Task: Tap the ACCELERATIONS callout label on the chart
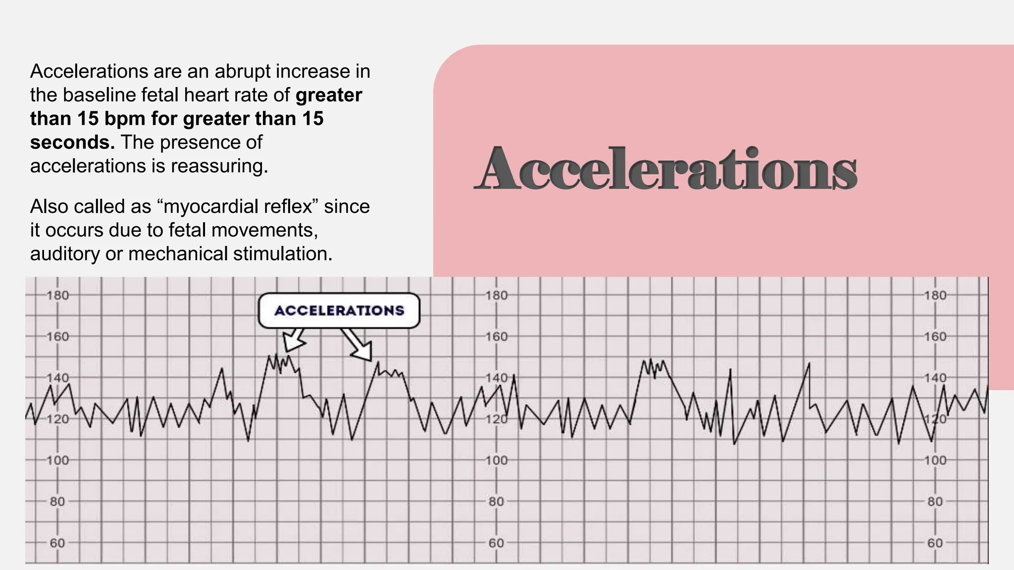coord(339,311)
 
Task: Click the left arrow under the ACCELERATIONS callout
coord(293,340)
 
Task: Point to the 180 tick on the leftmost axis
coord(57,296)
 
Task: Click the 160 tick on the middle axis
coord(496,337)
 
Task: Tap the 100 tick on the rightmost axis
coord(935,461)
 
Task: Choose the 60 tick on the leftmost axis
coord(57,543)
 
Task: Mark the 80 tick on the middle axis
coord(496,502)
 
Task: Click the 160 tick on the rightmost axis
coord(935,337)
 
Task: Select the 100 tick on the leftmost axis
coord(57,461)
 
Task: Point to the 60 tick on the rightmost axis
coord(935,543)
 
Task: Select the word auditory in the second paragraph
coord(65,254)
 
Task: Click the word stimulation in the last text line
coord(282,254)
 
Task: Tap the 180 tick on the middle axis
coord(496,296)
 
